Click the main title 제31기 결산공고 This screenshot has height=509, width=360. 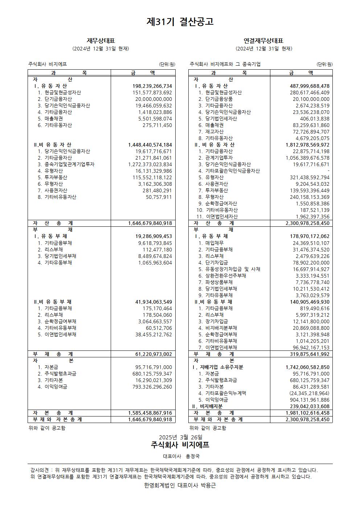(180, 21)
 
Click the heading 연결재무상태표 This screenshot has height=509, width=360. (263, 41)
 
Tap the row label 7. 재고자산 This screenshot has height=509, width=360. (211, 132)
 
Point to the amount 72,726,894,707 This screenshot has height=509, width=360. (307, 132)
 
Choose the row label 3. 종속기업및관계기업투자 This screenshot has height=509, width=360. (66, 164)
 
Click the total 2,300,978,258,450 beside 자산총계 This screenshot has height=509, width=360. (307, 223)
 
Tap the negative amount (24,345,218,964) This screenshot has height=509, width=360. (309, 393)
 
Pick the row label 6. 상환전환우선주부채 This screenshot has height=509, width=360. (222, 276)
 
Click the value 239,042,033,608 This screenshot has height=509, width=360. (307, 406)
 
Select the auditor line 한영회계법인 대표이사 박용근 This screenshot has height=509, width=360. (180, 485)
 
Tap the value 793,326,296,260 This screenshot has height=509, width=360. (152, 387)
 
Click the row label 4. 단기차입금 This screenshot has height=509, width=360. (213, 263)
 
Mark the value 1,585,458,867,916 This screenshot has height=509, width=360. (150, 413)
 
